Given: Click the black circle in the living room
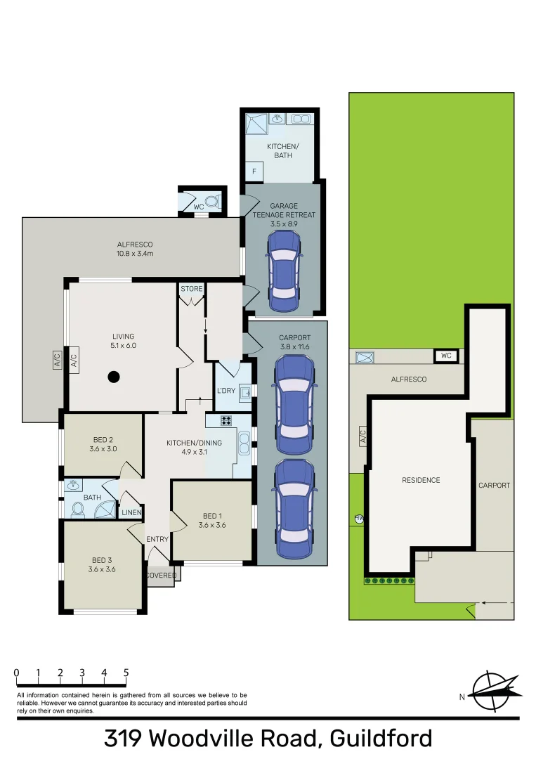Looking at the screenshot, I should [x=114, y=377].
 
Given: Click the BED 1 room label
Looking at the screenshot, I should [x=211, y=520].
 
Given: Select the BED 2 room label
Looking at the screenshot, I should [x=102, y=444].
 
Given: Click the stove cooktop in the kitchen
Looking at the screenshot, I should [x=227, y=421].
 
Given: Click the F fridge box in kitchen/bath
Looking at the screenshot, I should [x=254, y=171].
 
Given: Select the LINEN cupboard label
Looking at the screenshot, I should [x=132, y=512].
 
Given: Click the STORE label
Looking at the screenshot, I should [x=191, y=289].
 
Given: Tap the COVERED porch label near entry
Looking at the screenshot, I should [x=162, y=575].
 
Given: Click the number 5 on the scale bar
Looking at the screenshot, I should [x=126, y=673].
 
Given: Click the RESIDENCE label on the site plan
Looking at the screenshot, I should [x=421, y=480].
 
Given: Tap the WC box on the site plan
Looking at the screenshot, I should [x=445, y=356].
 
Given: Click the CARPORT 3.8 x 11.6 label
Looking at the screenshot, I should [x=294, y=342].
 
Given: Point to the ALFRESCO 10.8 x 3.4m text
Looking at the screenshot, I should [x=136, y=249].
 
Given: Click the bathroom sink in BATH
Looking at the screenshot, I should [x=72, y=486].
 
